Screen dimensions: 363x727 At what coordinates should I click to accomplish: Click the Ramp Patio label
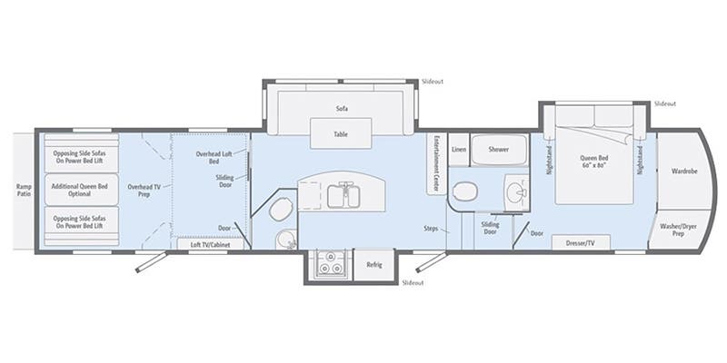24,189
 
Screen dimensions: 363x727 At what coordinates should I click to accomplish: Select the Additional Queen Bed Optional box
77,189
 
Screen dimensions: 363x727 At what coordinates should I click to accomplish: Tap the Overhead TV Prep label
144,189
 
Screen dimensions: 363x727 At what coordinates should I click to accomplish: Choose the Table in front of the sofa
341,134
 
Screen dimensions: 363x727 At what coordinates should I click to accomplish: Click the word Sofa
342,109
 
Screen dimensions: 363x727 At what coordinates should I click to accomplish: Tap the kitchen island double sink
342,193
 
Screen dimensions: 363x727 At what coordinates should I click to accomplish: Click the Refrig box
373,264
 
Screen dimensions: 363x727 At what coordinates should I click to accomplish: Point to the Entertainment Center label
437,164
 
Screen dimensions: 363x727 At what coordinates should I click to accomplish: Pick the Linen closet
459,149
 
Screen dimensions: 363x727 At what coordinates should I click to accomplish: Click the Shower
498,149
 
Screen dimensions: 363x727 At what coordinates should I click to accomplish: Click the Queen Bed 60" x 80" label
595,162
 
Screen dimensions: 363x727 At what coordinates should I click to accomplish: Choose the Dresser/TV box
580,242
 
